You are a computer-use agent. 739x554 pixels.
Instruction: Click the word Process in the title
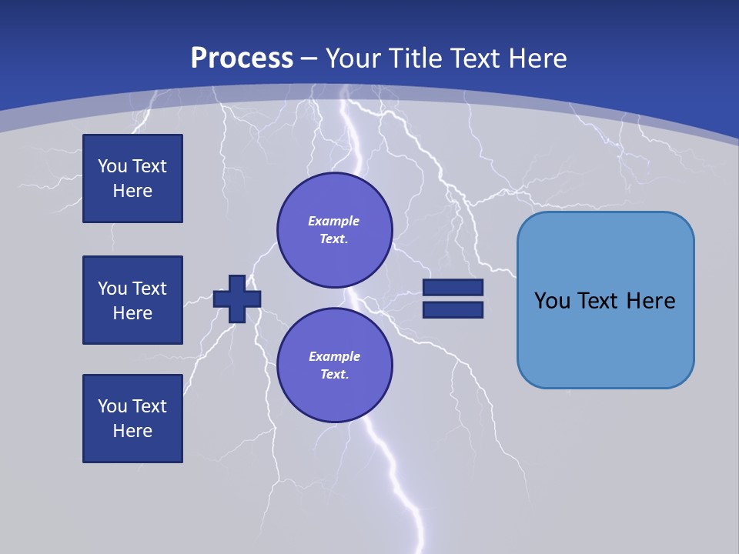click(242, 58)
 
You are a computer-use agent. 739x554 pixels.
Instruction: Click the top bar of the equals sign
click(453, 287)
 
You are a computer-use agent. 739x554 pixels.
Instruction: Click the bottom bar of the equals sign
click(453, 309)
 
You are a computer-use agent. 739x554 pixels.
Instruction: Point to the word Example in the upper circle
click(334, 221)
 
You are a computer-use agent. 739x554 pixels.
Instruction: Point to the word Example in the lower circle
click(334, 356)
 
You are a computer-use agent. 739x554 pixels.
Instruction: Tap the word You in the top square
click(112, 166)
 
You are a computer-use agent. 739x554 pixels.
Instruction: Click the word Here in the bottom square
click(132, 431)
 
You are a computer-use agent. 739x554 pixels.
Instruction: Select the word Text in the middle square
click(149, 289)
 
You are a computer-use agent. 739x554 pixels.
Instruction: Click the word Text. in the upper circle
click(334, 239)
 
